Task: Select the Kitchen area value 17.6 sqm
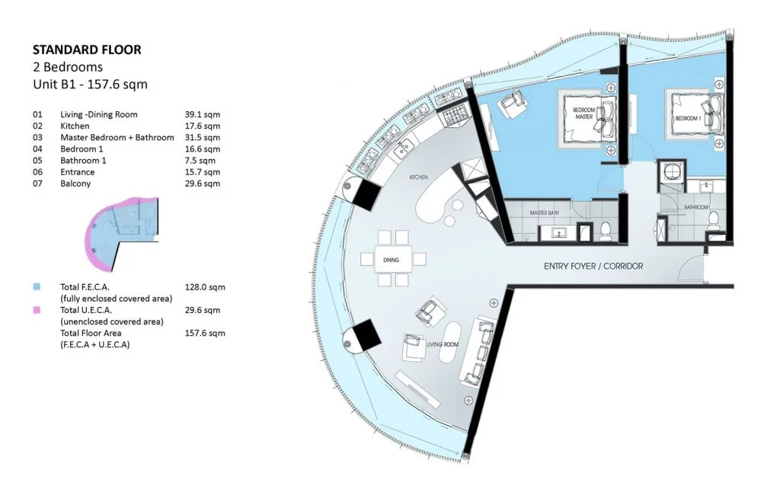point(202,126)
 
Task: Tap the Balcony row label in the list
point(75,184)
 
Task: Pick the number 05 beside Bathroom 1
point(37,161)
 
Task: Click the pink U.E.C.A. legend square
point(37,310)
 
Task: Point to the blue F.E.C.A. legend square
point(37,287)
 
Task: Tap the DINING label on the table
point(391,260)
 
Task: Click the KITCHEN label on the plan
point(418,177)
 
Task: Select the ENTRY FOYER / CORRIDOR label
point(593,267)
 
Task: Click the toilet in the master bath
point(606,228)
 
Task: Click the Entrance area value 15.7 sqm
point(202,172)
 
